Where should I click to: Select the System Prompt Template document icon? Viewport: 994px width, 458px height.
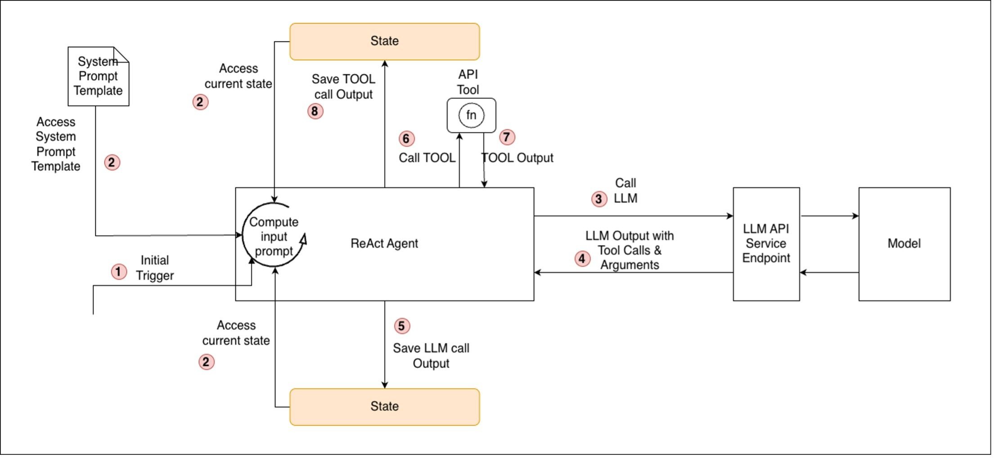pos(99,77)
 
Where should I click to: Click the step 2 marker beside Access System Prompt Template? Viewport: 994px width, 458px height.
pos(112,163)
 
